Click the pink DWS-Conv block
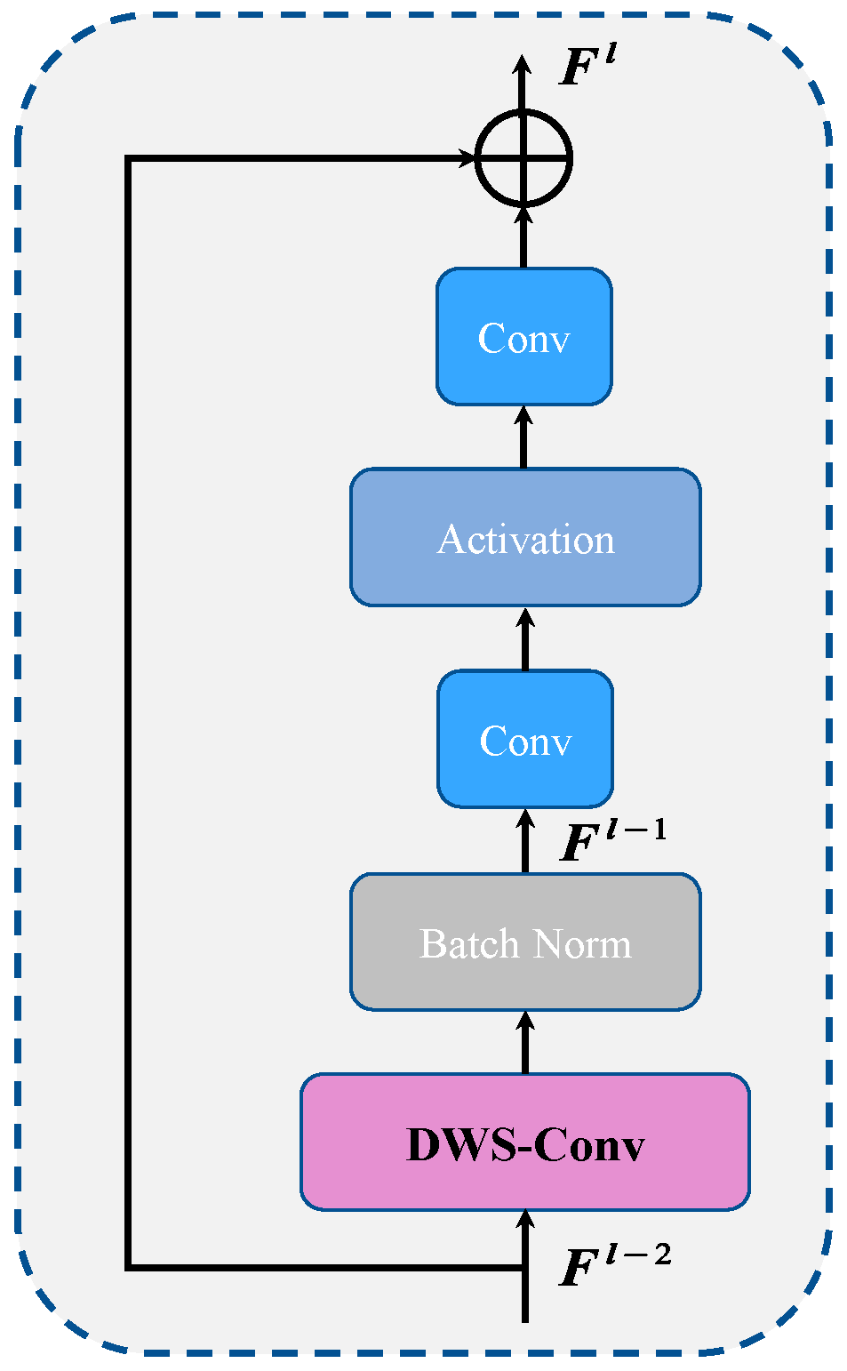[524, 1142]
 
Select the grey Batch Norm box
[524, 942]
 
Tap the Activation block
[524, 538]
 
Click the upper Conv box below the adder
[523, 337]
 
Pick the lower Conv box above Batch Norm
[524, 739]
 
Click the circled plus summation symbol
[523, 159]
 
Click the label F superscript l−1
[612, 840]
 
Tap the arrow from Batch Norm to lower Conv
[524, 841]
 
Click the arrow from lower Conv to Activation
[524, 640]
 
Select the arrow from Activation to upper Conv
[523, 437]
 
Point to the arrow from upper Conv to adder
[523, 237]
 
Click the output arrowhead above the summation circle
[523, 67]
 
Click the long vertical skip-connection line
[129, 711]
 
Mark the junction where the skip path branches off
[524, 1266]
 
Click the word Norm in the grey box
[588, 943]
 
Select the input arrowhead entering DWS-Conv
[524, 1220]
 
